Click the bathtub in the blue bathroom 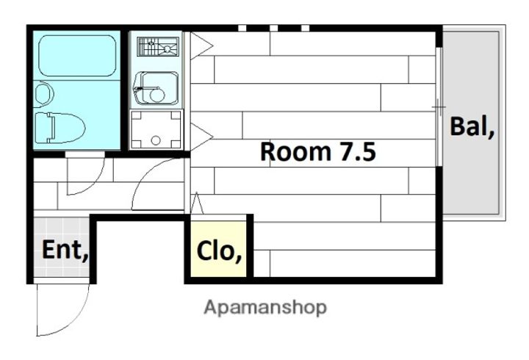(x=77, y=56)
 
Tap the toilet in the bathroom (x=60, y=128)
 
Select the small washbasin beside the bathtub (x=43, y=94)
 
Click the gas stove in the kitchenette (x=158, y=46)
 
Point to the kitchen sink (x=156, y=87)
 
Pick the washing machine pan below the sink (x=156, y=129)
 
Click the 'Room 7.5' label (x=318, y=151)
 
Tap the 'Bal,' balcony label (x=472, y=126)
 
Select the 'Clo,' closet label (x=219, y=251)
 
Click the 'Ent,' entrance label (x=65, y=250)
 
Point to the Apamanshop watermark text (x=265, y=308)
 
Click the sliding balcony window (x=439, y=107)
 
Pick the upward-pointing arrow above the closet (x=197, y=203)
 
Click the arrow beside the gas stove (x=201, y=46)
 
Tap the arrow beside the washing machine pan (x=201, y=137)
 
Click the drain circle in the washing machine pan (x=156, y=140)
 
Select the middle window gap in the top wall (x=273, y=28)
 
